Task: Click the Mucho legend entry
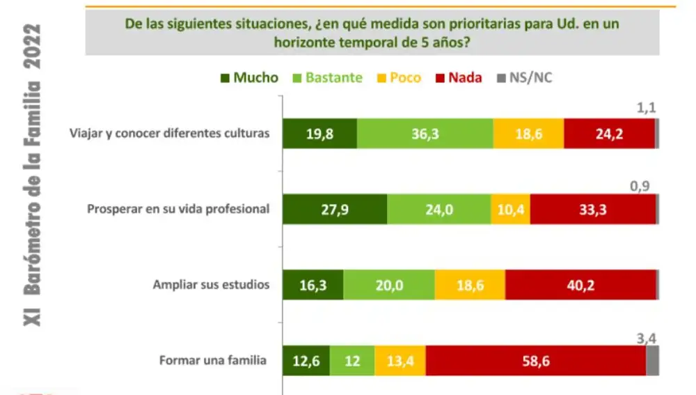[x=248, y=77]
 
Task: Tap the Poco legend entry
[x=397, y=77]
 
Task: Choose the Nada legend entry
[x=458, y=77]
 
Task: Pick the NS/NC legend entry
[x=523, y=77]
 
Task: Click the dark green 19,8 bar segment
[x=319, y=134]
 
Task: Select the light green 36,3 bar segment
[x=425, y=134]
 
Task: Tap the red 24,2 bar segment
[x=609, y=134]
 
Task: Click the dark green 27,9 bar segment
[x=335, y=209]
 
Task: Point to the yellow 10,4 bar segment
[x=510, y=209]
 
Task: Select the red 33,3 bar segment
[x=592, y=209]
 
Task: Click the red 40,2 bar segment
[x=580, y=285]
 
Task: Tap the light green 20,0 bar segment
[x=389, y=285]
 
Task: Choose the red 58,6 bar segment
[x=536, y=361]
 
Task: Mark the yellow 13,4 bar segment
[x=400, y=361]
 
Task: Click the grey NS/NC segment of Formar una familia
[x=653, y=361]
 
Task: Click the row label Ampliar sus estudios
[x=211, y=285]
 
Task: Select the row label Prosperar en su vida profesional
[x=177, y=209]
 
